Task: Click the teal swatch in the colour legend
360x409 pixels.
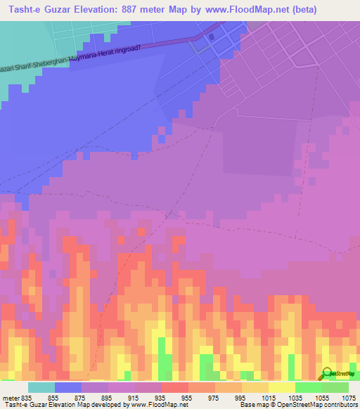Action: click(x=41, y=387)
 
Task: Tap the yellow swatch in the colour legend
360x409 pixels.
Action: click(x=282, y=387)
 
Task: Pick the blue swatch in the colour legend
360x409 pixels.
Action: click(x=68, y=387)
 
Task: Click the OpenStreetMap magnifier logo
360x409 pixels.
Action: click(x=328, y=372)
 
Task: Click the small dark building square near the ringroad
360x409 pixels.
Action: click(x=212, y=38)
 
